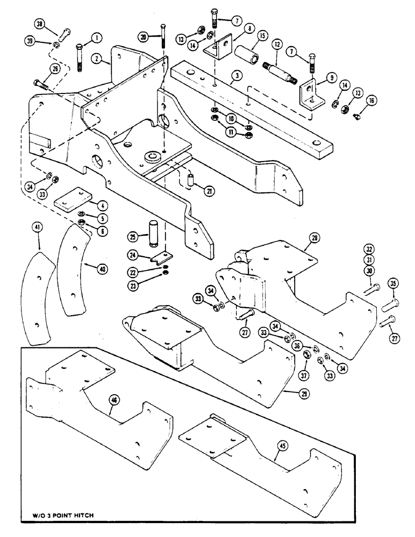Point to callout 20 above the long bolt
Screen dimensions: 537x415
coord(142,37)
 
